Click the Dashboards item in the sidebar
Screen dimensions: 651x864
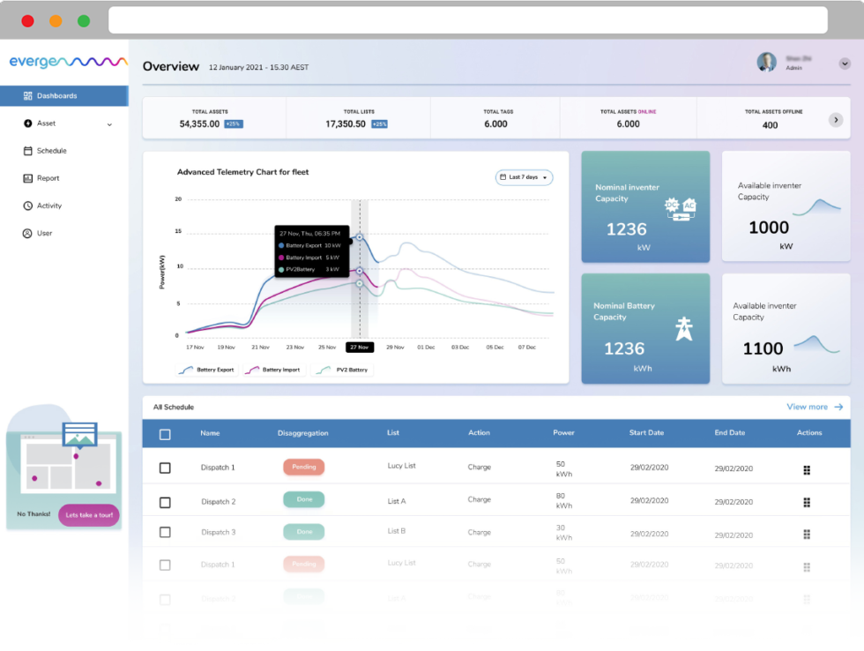pos(56,95)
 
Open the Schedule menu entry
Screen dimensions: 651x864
pos(51,151)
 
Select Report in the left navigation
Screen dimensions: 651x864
pos(48,178)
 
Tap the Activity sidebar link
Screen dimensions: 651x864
pos(49,206)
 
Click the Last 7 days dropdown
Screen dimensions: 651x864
pos(524,177)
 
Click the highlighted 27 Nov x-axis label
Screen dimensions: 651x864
pos(360,348)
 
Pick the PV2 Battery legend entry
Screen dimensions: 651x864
pos(343,370)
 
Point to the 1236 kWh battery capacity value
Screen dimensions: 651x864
pos(624,348)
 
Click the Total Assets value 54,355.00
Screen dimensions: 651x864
pos(199,124)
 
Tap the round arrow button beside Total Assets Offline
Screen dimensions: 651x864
pos(836,120)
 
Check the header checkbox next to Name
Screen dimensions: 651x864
pos(165,434)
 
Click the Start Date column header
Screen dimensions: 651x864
pos(647,433)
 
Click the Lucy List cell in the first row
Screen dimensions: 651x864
pos(401,466)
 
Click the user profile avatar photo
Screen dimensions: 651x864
pos(766,62)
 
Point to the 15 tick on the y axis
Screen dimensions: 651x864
pos(177,232)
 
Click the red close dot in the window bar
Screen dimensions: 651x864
pos(27,20)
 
